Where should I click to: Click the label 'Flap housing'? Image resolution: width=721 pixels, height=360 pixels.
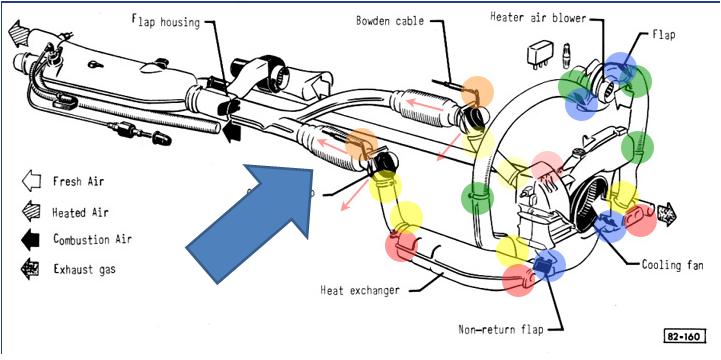pos(166,22)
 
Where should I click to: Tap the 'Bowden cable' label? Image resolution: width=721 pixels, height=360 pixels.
pos(390,21)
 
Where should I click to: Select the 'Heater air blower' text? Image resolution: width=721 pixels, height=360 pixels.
pos(538,18)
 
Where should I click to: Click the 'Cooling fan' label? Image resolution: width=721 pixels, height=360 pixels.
pos(672,265)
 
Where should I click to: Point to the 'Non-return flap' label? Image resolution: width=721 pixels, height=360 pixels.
pos(501,329)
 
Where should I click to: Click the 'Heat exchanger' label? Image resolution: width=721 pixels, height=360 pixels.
pos(360,291)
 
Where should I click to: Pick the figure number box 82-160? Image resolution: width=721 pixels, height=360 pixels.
pos(684,337)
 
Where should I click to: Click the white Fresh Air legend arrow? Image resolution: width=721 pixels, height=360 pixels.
pos(31,181)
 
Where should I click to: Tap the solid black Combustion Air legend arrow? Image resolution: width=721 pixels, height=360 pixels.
pos(31,240)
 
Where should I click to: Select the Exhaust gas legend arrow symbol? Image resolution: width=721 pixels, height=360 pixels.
pos(30,269)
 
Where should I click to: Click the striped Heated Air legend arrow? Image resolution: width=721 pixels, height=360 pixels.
pos(31,211)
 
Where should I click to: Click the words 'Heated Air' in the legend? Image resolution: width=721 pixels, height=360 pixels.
pos(80,212)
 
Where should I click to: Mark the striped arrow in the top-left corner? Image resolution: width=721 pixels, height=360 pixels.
pos(18,32)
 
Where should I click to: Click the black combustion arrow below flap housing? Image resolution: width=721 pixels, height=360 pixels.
pos(232,131)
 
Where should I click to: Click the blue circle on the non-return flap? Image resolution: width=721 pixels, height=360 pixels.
pos(549,266)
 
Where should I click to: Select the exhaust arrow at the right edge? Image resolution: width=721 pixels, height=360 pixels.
pos(667,213)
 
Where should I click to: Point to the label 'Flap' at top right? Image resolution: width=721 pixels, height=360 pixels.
pos(664,34)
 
